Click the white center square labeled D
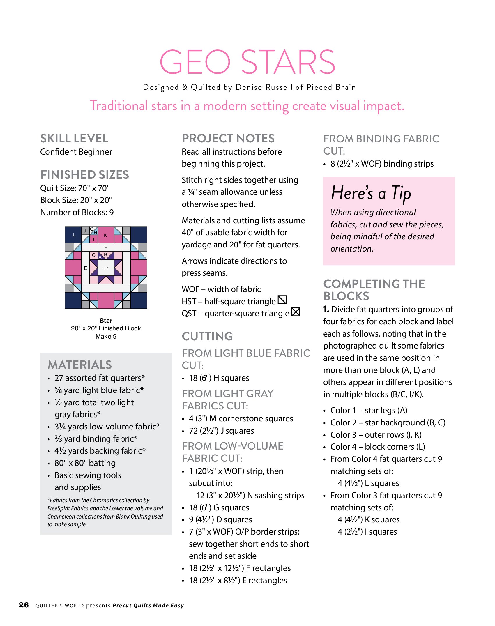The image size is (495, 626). [106, 267]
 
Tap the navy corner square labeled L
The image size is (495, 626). [73, 235]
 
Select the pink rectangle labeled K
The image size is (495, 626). [106, 235]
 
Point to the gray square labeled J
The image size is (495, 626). [85, 231]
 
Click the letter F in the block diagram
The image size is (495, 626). [106, 247]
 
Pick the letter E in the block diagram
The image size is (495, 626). [85, 268]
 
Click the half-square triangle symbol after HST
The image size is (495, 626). [282, 300]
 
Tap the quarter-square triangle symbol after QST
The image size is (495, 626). [296, 312]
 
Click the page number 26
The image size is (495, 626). [24, 605]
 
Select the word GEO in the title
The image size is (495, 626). [195, 62]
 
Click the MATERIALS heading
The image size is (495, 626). [80, 365]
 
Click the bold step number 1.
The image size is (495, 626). [326, 309]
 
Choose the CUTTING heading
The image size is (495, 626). [207, 336]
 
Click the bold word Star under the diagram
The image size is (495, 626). [106, 321]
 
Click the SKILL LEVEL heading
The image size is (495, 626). [74, 138]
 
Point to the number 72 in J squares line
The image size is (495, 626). [193, 431]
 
